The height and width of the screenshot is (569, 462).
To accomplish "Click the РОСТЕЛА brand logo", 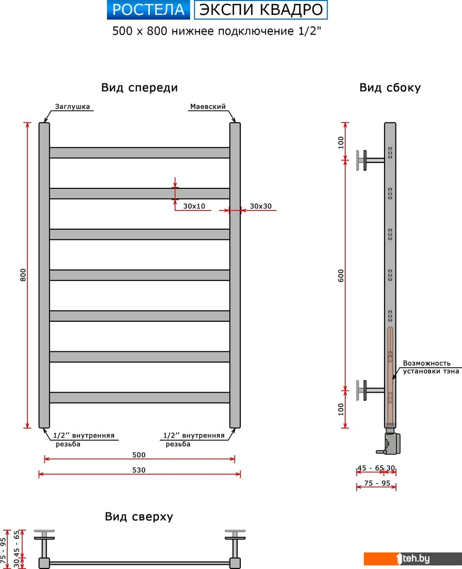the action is (148, 10).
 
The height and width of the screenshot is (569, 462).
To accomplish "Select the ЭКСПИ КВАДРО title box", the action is (261, 10).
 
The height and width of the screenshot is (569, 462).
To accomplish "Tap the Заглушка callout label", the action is (72, 107).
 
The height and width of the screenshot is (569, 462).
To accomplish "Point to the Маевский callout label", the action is (208, 107).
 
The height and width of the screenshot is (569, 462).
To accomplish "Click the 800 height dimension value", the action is (23, 275).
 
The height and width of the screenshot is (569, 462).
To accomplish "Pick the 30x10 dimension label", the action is (194, 206).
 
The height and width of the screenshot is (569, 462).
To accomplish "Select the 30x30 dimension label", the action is (260, 206).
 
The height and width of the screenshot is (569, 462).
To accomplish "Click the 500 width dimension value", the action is (138, 455).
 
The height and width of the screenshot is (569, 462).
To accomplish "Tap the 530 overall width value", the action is (138, 470).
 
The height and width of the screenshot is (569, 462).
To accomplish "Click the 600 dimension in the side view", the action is (341, 276).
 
